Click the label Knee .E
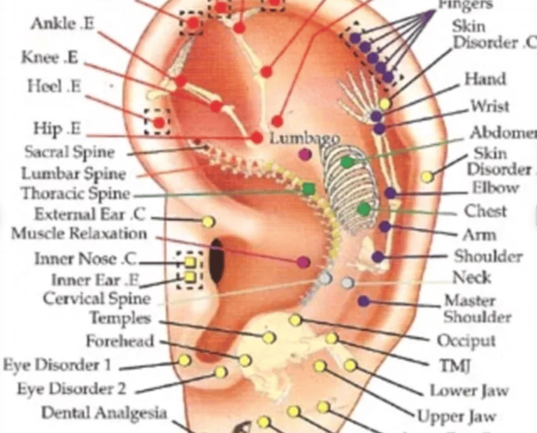click(x=50, y=57)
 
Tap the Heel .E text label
click(x=55, y=87)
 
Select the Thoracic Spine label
click(x=76, y=193)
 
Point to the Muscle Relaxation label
click(x=79, y=234)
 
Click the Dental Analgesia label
click(x=104, y=413)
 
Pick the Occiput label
click(x=466, y=341)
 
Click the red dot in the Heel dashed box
click(x=159, y=122)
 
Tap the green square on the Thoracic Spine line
click(x=308, y=188)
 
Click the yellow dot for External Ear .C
click(x=208, y=222)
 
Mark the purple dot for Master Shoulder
click(x=363, y=301)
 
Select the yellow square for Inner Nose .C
click(x=189, y=262)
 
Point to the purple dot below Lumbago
click(x=305, y=154)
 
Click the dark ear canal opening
click(x=217, y=260)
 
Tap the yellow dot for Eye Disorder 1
click(x=184, y=360)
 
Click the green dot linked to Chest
click(x=363, y=208)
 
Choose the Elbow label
click(x=495, y=187)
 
